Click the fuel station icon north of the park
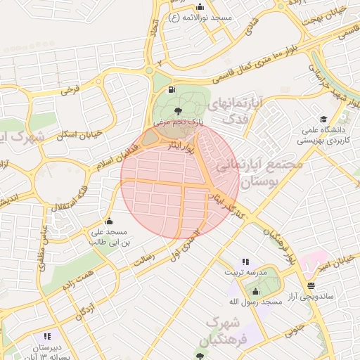click(172, 90)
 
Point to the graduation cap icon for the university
click(323, 119)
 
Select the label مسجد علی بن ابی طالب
click(108, 236)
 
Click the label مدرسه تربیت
click(245, 271)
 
